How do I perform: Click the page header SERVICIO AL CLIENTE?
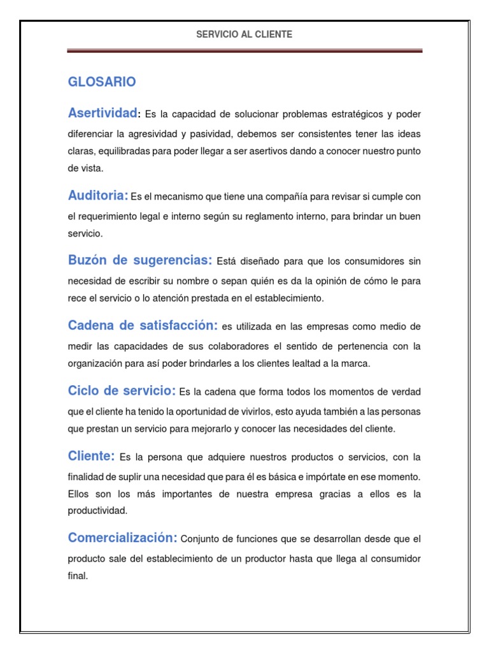point(244,34)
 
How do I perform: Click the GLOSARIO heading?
point(102,82)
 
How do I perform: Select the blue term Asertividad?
point(103,113)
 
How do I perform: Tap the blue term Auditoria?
point(98,195)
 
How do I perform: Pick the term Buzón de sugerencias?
point(140,260)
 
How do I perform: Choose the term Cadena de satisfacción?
point(143,325)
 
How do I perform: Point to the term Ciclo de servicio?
point(122,390)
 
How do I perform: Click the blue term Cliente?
point(91,456)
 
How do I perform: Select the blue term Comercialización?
point(122,538)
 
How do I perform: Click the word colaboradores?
point(216,346)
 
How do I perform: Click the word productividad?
point(97,510)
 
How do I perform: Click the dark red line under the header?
point(244,51)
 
